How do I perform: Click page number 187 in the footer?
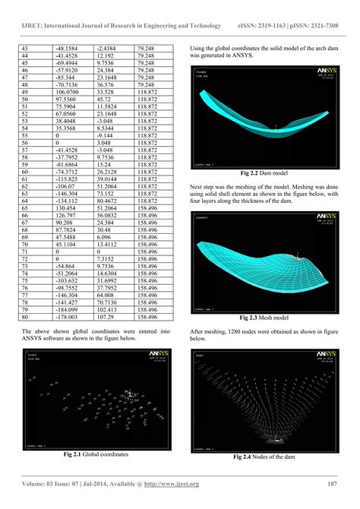331,484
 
